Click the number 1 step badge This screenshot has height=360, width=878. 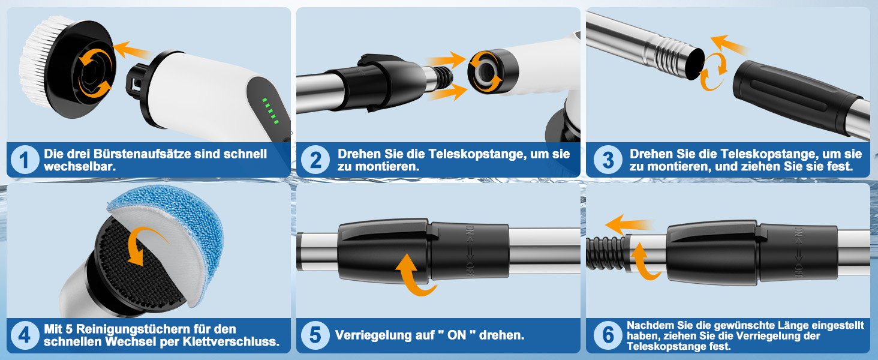coord(25,160)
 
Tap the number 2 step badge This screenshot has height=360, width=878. coord(315,160)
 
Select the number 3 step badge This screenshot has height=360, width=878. coord(608,160)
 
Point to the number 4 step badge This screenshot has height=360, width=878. coord(25,335)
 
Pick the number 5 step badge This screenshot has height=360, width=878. coord(315,335)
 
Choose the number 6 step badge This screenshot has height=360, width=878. coord(608,335)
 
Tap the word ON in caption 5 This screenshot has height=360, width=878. coord(456,335)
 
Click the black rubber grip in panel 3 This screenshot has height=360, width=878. coord(796,97)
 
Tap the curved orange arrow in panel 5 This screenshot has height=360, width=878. coord(414,275)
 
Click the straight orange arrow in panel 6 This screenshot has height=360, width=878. coord(630,225)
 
